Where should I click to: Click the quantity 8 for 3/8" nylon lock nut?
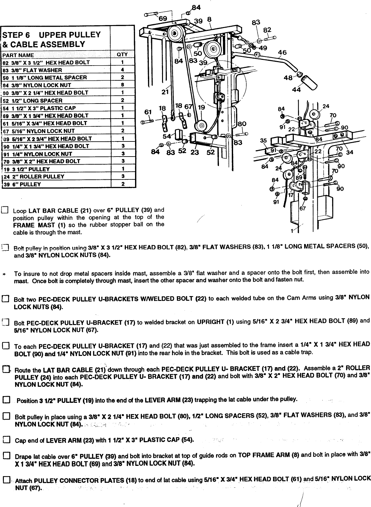click(x=122, y=85)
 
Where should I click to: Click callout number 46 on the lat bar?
click(x=282, y=52)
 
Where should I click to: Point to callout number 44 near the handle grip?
click(x=296, y=90)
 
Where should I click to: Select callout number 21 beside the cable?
click(x=165, y=92)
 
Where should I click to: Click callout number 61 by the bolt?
click(x=148, y=112)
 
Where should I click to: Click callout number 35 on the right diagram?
click(x=264, y=140)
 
